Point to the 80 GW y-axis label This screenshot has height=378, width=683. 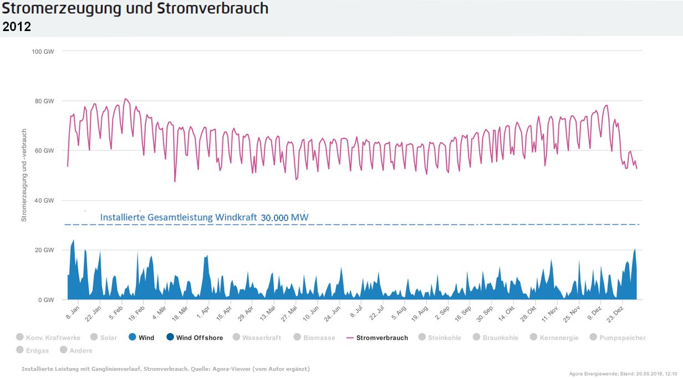pos(45,101)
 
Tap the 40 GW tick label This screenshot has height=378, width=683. pos(45,201)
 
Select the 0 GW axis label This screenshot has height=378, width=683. pos(47,300)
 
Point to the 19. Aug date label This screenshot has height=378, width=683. pos(420,313)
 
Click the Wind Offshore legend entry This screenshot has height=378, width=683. pos(200,338)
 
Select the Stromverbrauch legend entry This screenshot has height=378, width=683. pos(382,338)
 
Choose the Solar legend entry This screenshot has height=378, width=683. pos(109,338)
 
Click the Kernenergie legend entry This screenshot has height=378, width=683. pos(559,338)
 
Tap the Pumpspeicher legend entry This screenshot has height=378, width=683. pos(622,338)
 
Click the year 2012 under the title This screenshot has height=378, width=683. pos(17,27)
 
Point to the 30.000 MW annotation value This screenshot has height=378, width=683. pos(284,218)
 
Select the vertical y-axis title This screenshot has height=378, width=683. pos(24,175)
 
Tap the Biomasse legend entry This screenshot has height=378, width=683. pos(319,338)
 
